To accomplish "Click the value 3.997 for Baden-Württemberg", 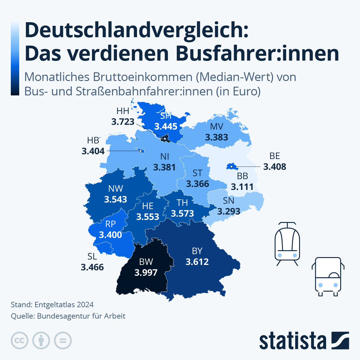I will coord(146,272).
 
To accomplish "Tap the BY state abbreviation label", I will coord(197,251).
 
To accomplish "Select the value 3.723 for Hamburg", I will coord(123,121).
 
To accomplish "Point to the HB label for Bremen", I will coord(93,140).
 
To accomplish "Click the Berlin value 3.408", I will coord(274,166).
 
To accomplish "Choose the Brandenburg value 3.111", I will coord(242,187).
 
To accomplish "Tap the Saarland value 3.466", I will coord(92,267).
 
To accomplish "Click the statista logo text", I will coord(292,341).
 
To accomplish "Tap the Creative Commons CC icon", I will coord(19,340).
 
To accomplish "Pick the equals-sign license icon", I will coord(63,340).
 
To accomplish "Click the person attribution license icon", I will coord(41,340).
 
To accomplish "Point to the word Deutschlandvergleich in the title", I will coord(136,30).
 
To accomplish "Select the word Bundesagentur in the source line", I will coord(60,316).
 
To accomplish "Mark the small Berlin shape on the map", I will coord(231,166).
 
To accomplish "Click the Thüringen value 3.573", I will coord(182,213).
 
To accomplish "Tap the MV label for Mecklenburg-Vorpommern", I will coord(216,126).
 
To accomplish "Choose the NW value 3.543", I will coord(115,199).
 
